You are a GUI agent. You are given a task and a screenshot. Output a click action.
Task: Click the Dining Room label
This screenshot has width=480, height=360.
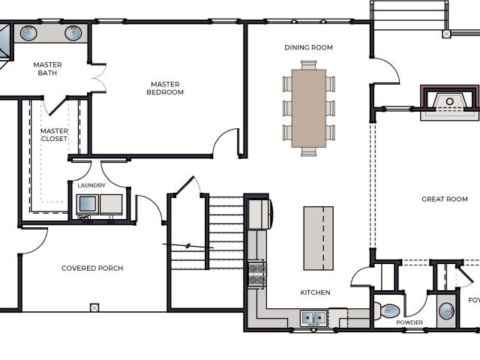(308, 47)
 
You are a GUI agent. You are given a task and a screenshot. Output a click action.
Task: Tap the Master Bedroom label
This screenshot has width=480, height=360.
(165, 88)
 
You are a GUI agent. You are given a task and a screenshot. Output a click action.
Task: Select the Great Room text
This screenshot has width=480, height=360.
(445, 199)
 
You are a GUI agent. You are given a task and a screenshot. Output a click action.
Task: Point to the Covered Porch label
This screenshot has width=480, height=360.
(92, 268)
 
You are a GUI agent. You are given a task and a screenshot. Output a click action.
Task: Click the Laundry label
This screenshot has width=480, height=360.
(91, 185)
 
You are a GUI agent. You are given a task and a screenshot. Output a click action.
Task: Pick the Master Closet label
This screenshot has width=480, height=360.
(54, 135)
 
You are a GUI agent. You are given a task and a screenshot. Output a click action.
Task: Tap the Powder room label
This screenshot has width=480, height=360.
(409, 322)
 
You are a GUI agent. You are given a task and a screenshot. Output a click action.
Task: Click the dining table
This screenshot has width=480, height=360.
(308, 108)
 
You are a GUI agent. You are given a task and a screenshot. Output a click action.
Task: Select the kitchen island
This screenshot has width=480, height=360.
(318, 238)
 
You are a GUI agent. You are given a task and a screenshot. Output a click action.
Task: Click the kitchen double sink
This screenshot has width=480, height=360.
(313, 318)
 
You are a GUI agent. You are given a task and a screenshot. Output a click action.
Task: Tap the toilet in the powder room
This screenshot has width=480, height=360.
(387, 310)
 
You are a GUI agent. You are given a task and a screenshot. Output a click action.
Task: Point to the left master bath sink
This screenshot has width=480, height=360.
(28, 32)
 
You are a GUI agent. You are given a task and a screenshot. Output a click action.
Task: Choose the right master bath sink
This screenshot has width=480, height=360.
(73, 33)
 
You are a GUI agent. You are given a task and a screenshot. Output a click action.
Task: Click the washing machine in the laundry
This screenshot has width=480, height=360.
(88, 205)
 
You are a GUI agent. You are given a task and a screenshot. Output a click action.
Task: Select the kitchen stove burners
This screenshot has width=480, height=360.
(256, 273)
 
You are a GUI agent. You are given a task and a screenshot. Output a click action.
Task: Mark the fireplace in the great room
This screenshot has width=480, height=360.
(449, 103)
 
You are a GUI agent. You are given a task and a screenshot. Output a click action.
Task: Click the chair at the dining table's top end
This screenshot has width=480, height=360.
(308, 65)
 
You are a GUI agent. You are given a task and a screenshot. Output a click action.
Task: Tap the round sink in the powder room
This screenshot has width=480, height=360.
(447, 311)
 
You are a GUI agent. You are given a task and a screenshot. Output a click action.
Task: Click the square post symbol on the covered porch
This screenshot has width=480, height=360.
(94, 307)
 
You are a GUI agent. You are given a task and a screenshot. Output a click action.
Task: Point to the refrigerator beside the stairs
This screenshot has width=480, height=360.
(259, 214)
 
